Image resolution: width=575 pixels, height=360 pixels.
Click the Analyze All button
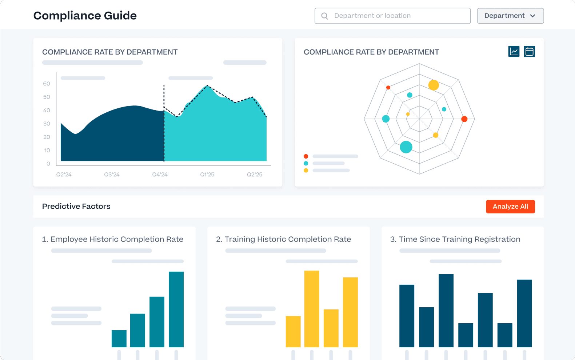pyautogui.click(x=510, y=207)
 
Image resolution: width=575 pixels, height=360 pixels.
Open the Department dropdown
pyautogui.click(x=510, y=16)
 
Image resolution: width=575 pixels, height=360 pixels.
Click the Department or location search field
pyautogui.click(x=393, y=16)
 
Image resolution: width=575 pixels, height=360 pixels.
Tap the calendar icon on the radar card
pyautogui.click(x=529, y=52)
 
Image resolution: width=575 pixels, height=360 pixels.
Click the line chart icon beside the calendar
pyautogui.click(x=514, y=52)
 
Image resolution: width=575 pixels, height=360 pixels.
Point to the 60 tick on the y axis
pyautogui.click(x=47, y=84)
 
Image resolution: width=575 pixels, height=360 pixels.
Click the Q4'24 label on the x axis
pyautogui.click(x=160, y=175)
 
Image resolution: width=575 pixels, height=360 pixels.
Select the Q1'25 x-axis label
pyautogui.click(x=207, y=175)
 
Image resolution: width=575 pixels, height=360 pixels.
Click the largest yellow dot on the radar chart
pyautogui.click(x=434, y=85)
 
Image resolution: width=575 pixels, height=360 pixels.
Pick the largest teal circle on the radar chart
pyautogui.click(x=406, y=147)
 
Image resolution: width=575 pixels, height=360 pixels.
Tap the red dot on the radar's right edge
pyautogui.click(x=464, y=119)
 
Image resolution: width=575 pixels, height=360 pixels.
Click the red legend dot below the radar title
pyautogui.click(x=306, y=156)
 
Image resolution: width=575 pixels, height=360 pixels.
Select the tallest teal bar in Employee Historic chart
pyautogui.click(x=176, y=309)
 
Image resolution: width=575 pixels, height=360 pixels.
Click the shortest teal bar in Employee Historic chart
pyautogui.click(x=119, y=339)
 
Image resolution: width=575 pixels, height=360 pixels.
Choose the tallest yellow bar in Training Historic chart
pyautogui.click(x=312, y=309)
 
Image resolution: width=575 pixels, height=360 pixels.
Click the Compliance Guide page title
pyautogui.click(x=85, y=16)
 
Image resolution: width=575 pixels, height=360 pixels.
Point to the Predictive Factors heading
pyautogui.click(x=76, y=206)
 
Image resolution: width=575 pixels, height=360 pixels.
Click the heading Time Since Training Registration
pyautogui.click(x=455, y=239)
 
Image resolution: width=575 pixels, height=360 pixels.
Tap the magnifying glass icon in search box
pyautogui.click(x=325, y=16)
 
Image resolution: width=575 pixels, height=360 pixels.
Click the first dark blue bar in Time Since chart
pyautogui.click(x=407, y=316)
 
